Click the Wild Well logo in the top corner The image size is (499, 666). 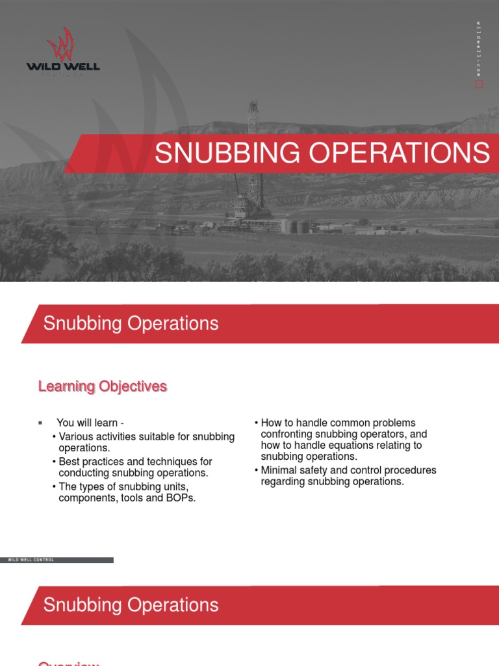click(x=63, y=51)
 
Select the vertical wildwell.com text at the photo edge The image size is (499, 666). click(x=479, y=49)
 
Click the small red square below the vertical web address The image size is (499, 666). click(x=480, y=85)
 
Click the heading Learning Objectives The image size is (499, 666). click(x=103, y=387)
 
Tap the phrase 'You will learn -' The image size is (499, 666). click(x=90, y=423)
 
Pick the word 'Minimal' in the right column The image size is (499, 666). click(x=279, y=470)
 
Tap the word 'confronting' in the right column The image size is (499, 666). click(x=288, y=434)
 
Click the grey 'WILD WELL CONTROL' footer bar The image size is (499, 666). click(x=57, y=560)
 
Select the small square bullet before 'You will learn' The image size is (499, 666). click(x=40, y=423)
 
